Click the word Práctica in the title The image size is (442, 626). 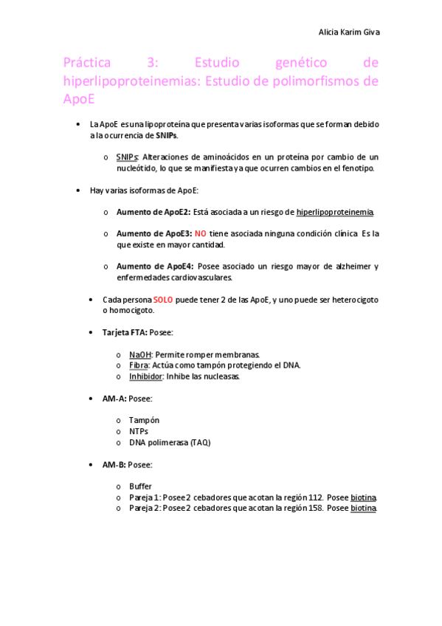point(86,63)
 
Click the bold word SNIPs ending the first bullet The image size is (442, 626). point(166,136)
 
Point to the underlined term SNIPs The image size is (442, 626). point(127,157)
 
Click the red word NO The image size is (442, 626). point(200,233)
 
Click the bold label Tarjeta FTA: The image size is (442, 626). point(125,333)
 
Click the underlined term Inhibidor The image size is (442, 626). point(145,376)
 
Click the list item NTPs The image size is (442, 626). point(139,431)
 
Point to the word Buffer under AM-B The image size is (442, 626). point(140,486)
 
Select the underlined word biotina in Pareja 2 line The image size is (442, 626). point(363,509)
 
